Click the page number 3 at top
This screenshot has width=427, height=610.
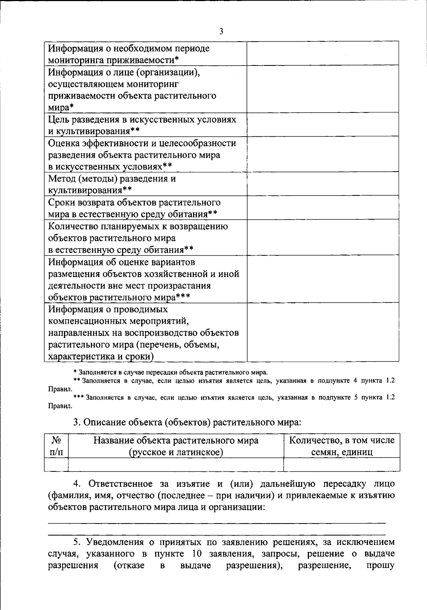click(x=221, y=32)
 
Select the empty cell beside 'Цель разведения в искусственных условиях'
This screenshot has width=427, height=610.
click(x=323, y=124)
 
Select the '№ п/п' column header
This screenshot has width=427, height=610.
click(x=57, y=446)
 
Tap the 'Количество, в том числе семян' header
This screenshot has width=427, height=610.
click(x=342, y=446)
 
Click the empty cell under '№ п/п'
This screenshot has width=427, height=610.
click(x=57, y=464)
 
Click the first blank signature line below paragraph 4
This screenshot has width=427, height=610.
click(x=217, y=523)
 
